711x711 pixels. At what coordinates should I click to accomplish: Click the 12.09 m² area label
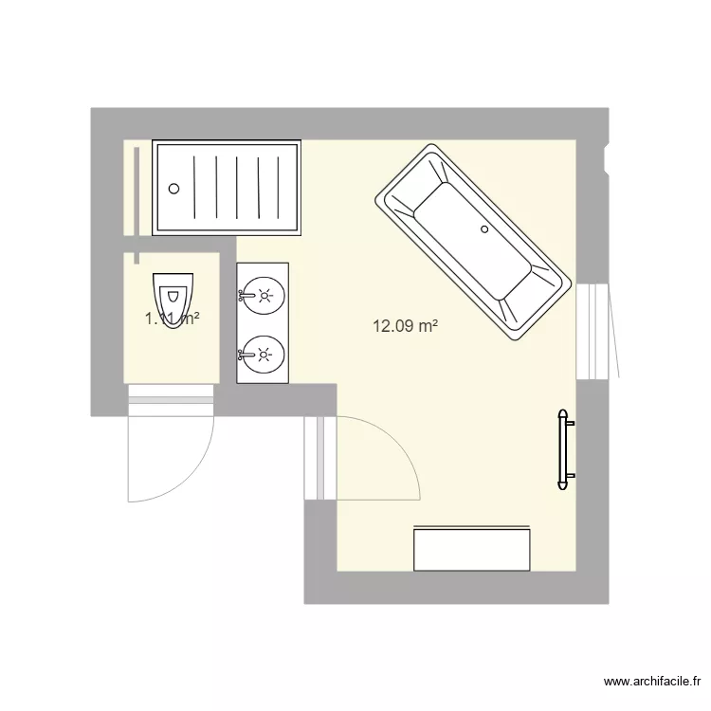click(405, 327)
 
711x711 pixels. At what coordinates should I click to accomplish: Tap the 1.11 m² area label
click(172, 319)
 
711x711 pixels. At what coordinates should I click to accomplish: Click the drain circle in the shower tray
click(173, 187)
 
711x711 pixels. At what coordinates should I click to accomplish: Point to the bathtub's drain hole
click(484, 228)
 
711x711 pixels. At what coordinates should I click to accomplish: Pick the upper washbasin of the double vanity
click(265, 295)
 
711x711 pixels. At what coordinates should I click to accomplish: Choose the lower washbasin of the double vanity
click(265, 355)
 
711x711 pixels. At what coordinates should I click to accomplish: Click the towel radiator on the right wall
click(564, 449)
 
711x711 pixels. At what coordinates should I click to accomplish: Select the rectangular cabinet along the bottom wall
click(471, 550)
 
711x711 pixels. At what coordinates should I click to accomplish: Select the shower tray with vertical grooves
click(228, 188)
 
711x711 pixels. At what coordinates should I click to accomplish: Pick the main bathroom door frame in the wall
click(320, 458)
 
